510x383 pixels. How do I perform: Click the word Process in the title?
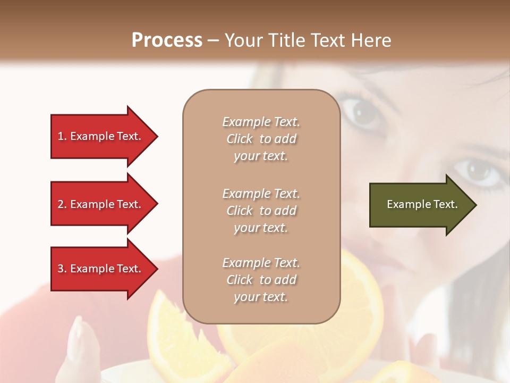[x=167, y=40]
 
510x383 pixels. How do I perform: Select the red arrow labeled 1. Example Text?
[x=101, y=136]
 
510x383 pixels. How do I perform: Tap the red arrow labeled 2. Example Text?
[x=101, y=204]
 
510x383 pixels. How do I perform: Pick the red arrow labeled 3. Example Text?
[x=101, y=269]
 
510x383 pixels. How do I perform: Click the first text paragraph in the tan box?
[x=261, y=139]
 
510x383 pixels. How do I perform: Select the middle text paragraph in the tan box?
[x=261, y=211]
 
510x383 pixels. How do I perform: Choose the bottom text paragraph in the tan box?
[x=261, y=280]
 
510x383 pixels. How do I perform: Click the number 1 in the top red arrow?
[x=61, y=136]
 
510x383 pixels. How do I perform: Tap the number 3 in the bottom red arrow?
[x=61, y=269]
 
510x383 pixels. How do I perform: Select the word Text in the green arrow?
[x=446, y=204]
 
